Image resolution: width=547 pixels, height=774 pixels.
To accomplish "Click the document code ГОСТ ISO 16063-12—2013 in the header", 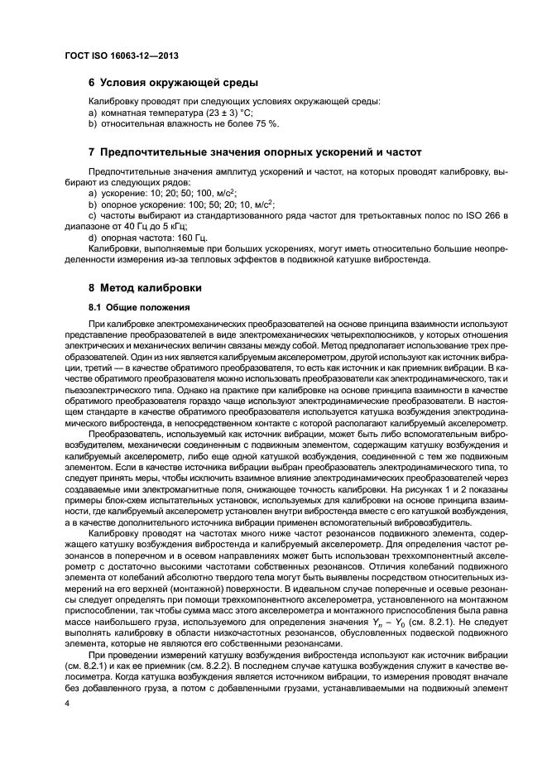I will point(121,56).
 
